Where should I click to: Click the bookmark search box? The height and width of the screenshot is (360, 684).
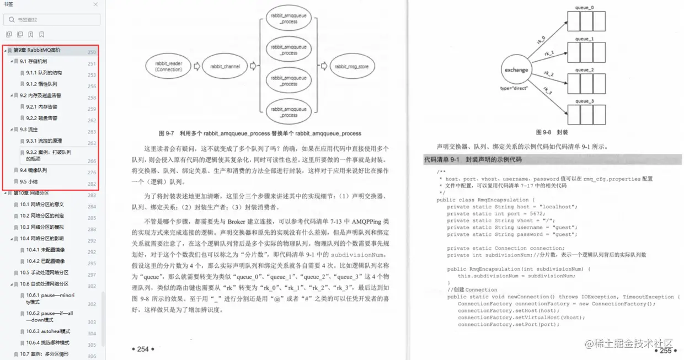[52, 20]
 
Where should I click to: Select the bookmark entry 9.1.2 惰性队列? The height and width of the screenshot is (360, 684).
[41, 84]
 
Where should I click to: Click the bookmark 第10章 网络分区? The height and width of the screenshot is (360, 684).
[31, 193]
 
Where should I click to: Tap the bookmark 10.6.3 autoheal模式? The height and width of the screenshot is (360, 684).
[48, 331]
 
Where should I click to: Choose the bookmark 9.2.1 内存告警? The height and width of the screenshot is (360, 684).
[41, 107]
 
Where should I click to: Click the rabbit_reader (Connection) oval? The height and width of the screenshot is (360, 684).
[168, 67]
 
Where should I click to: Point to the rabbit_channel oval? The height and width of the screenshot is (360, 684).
[225, 67]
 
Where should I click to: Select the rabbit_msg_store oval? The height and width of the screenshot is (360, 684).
[354, 67]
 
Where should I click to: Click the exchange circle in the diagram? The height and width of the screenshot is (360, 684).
[516, 70]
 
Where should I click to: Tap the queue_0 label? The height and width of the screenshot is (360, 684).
[585, 8]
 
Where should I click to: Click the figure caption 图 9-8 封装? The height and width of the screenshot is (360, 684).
[551, 132]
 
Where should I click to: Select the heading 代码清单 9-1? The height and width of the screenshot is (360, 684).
[472, 160]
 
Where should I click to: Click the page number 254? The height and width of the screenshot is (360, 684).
[143, 349]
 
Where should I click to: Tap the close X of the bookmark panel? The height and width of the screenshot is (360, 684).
[95, 4]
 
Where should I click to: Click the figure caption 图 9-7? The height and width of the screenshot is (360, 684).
[259, 133]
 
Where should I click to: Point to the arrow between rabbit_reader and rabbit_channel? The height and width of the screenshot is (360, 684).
[196, 67]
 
